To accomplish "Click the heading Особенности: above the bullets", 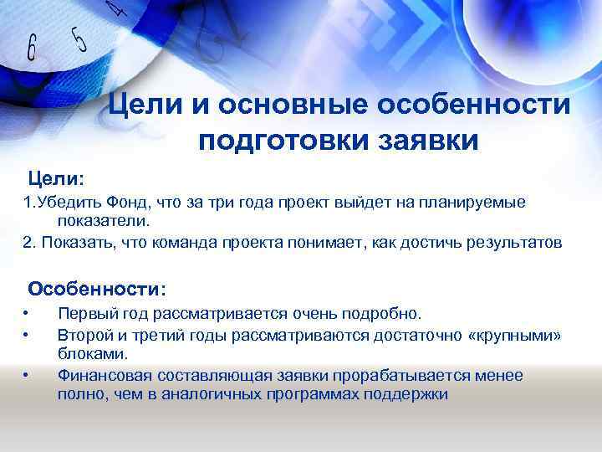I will pos(97,289).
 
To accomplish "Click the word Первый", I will pos(84,314).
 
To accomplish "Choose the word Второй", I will pos(83,335).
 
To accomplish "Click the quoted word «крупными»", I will pos(515,335).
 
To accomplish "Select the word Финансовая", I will pos(103,375).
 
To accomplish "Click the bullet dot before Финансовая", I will pos(27,376).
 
